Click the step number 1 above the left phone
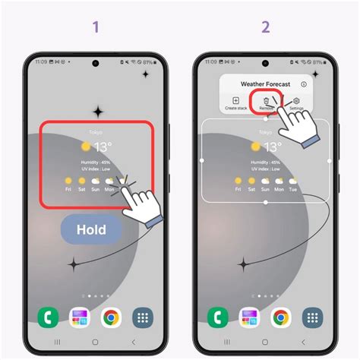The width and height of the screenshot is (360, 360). point(96,28)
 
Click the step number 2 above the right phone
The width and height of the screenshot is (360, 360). point(265,28)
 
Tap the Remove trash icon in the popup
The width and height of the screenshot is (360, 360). point(266,100)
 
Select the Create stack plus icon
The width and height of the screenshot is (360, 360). point(235,100)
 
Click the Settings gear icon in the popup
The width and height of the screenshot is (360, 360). point(296,100)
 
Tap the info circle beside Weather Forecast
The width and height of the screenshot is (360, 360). point(304,84)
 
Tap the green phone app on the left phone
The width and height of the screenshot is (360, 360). point(47,316)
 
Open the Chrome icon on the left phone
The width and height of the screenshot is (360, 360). point(112,316)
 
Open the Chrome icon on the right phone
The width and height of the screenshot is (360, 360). point(281,316)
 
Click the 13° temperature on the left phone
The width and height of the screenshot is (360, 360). point(102,147)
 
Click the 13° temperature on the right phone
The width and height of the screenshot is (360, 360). point(271,147)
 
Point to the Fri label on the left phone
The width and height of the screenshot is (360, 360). point(68,191)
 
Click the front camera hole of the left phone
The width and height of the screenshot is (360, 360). point(96,63)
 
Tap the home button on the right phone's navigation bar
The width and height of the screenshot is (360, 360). point(265,343)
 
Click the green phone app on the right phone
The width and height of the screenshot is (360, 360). point(216,316)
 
